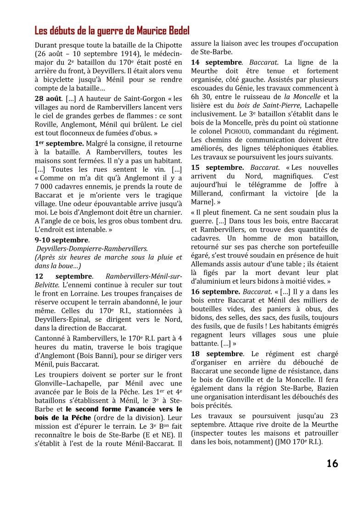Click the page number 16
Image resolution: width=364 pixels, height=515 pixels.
[x=332, y=464]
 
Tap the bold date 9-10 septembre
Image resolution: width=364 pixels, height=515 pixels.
[x=62, y=240]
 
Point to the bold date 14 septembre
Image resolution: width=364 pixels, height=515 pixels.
[x=216, y=62]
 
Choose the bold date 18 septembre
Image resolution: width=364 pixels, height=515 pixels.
[x=217, y=354]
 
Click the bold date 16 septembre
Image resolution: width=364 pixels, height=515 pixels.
[x=215, y=291]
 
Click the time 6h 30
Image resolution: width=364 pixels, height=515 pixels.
[x=201, y=97]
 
